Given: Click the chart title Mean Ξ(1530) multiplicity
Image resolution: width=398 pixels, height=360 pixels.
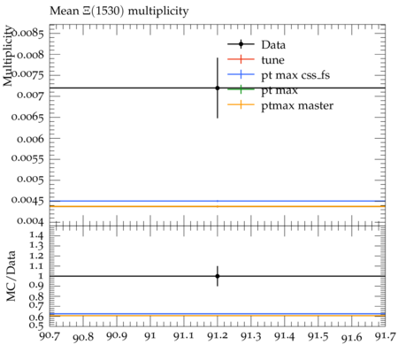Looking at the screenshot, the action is point(119,11).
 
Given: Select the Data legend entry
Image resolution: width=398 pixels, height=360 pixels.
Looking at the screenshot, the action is point(256,45).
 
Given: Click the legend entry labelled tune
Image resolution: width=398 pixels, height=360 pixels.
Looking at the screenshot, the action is point(256,60).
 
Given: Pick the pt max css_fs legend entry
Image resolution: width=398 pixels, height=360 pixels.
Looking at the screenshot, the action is point(279,75).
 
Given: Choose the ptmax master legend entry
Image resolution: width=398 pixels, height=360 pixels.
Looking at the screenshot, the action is point(280,105).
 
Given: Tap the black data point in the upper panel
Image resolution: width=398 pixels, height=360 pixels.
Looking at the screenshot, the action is point(218,88).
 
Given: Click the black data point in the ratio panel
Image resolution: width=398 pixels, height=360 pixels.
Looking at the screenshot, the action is point(218,276).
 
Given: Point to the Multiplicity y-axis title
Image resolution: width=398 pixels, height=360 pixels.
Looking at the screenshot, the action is point(8,56).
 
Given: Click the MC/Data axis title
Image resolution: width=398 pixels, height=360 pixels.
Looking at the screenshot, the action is point(11,276).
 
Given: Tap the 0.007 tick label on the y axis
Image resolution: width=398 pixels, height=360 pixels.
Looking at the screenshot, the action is point(30,96).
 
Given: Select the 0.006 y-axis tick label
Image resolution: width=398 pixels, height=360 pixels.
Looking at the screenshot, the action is point(30,139).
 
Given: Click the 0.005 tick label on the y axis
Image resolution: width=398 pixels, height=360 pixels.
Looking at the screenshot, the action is point(30,180).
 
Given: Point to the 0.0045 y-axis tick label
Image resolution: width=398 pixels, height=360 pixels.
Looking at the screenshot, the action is point(27,200).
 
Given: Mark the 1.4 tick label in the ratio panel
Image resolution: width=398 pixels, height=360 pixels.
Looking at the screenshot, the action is point(36,235).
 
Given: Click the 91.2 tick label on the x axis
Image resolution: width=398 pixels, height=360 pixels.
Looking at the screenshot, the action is point(218,336).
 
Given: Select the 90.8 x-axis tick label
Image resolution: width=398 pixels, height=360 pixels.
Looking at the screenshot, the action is point(83,337).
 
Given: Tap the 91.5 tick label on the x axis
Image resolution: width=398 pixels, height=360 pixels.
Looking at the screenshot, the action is point(318,336).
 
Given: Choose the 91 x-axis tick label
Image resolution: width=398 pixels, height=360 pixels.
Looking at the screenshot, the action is point(150,336).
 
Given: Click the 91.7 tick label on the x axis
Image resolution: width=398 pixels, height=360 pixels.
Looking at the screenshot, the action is point(385,336).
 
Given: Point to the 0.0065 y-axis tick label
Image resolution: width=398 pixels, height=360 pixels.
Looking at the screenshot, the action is point(27,118).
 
